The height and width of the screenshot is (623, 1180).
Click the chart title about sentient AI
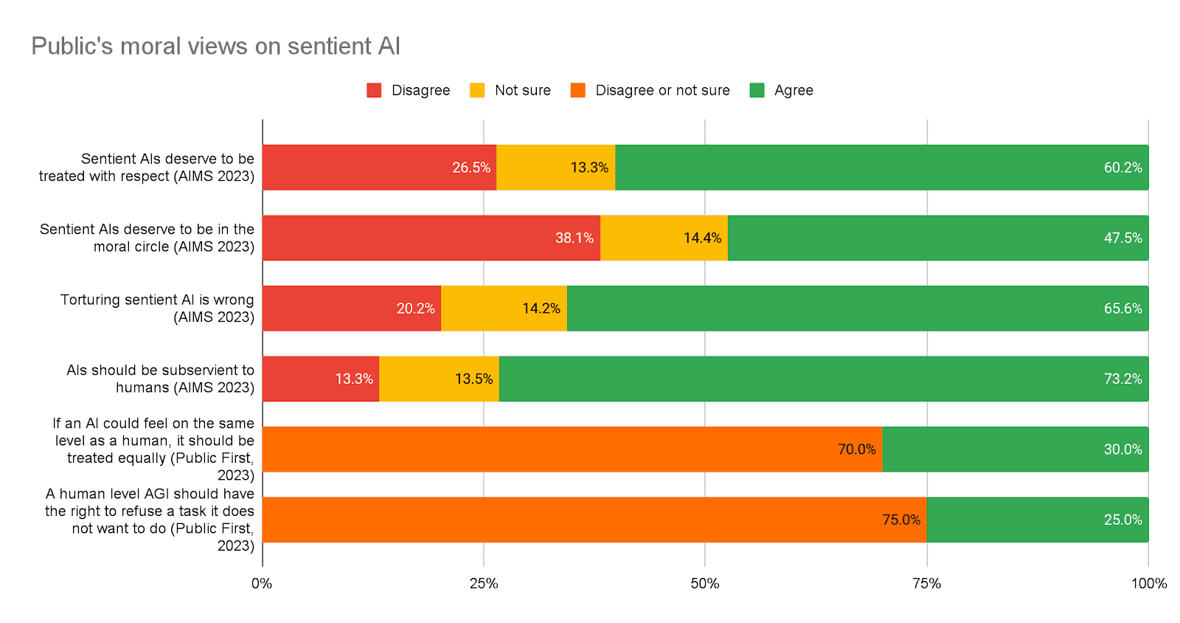point(215,46)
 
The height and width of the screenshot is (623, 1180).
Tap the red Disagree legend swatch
point(374,90)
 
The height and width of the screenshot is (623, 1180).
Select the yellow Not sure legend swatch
point(477,90)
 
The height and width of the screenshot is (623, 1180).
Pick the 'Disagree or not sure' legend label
point(662,90)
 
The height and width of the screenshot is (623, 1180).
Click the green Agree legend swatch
point(757,90)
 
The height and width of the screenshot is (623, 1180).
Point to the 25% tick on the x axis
point(484,583)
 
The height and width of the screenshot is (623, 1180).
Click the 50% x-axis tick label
point(705,583)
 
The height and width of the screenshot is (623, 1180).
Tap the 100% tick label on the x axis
point(1148,583)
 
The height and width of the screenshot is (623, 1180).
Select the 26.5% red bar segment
point(379,168)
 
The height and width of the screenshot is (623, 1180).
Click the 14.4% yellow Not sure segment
point(664,238)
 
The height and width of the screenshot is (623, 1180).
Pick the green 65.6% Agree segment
point(857,309)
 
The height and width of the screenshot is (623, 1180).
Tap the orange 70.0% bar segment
point(572,450)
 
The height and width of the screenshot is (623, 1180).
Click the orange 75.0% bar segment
point(594,520)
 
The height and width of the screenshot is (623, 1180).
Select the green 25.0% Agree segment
point(1037,520)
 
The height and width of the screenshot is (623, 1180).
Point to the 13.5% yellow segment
point(439,379)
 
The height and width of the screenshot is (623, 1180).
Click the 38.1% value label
point(574,238)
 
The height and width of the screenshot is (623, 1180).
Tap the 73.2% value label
point(1122,379)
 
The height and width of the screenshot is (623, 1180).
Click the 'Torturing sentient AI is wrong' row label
point(157,309)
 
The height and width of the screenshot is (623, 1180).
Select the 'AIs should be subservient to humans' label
point(160,379)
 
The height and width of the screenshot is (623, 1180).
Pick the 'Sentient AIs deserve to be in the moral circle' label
point(147,238)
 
